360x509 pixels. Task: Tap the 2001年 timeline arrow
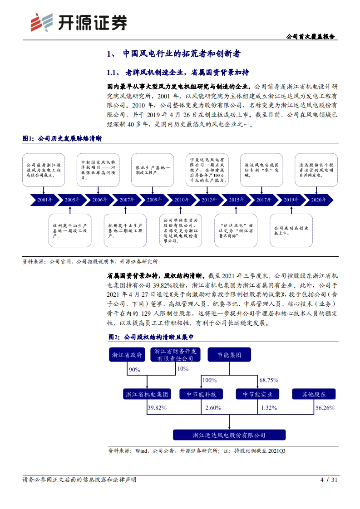click(x=44, y=200)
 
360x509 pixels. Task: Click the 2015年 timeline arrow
click(x=234, y=200)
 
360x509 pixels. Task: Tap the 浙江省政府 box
click(x=128, y=355)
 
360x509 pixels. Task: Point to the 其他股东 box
click(x=314, y=394)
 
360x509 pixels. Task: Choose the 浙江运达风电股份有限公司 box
click(x=229, y=435)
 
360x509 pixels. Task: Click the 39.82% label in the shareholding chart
click(x=157, y=408)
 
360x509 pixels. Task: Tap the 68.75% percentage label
click(x=269, y=380)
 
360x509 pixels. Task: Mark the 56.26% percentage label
click(x=325, y=408)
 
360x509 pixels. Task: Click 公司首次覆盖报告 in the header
click(x=313, y=36)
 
